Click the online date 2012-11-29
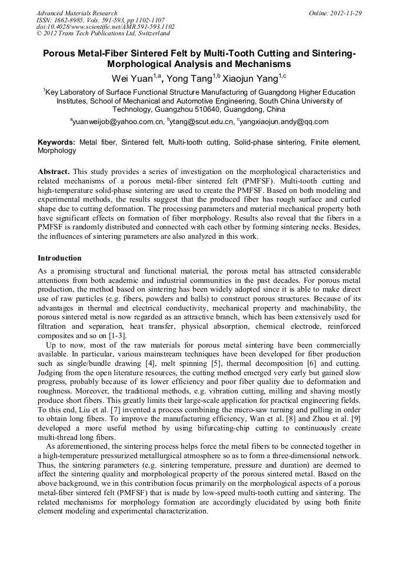click(344, 13)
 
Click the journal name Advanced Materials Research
click(77, 13)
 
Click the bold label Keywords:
click(56, 142)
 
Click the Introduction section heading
click(59, 258)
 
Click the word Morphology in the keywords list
click(57, 151)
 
